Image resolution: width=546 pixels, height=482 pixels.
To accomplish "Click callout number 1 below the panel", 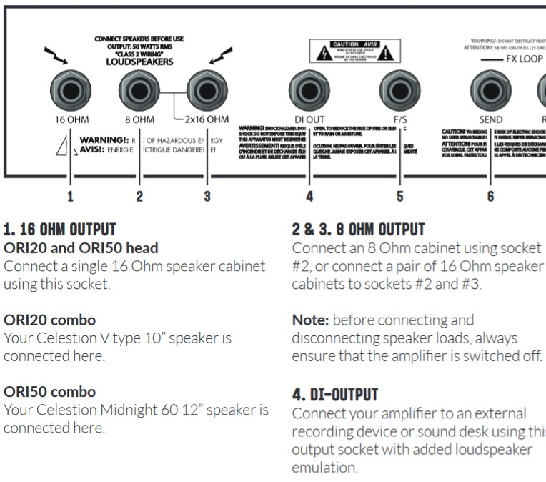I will (70, 195).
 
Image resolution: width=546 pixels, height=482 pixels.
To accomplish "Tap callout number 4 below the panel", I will (309, 195).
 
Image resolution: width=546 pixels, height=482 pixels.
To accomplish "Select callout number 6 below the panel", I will (490, 195).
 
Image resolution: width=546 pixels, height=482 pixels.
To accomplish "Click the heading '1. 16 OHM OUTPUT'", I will (59, 230).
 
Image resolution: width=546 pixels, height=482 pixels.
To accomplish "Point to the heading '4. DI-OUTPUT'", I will (335, 394).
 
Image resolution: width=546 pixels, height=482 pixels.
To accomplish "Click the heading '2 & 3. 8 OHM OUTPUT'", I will (358, 230).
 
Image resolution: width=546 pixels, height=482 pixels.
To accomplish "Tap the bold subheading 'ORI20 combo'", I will (49, 319).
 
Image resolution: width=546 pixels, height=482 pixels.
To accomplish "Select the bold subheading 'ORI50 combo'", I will (49, 392).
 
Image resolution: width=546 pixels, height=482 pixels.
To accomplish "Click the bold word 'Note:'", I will (310, 320).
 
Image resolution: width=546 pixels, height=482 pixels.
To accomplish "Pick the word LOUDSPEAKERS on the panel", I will (139, 62).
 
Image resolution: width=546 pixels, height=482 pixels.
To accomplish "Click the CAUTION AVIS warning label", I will (350, 51).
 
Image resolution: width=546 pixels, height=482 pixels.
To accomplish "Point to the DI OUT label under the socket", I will (309, 119).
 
